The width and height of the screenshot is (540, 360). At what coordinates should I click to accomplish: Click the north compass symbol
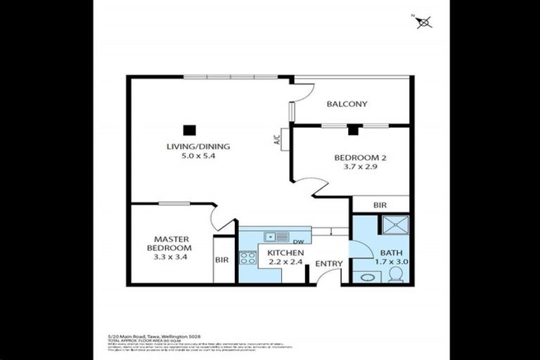423,22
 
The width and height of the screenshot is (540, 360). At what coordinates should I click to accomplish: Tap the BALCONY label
347,104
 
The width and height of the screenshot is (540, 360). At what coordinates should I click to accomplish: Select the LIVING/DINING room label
198,147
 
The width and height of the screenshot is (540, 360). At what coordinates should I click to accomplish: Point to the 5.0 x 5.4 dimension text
198,156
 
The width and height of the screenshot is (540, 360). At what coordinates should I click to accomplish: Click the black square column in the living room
188,129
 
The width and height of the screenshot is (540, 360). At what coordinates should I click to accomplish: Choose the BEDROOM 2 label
360,158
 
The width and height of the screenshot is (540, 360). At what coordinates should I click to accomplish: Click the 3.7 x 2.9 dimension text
360,167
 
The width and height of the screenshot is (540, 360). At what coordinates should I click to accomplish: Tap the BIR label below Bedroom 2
380,205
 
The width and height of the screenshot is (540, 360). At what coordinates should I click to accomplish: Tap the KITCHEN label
285,253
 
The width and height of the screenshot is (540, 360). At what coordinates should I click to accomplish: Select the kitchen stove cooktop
247,257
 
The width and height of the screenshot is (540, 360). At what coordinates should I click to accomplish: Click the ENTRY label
328,264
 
